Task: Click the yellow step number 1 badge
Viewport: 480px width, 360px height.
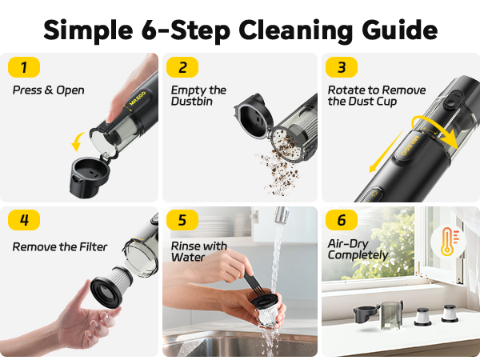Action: point(23,66)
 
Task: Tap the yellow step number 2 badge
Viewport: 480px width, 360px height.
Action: point(182,66)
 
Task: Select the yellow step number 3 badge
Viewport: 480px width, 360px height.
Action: point(342,66)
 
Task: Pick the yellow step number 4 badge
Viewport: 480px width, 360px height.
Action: point(23,220)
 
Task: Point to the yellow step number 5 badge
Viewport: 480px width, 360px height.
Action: point(182,220)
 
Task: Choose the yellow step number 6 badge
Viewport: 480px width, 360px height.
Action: point(342,220)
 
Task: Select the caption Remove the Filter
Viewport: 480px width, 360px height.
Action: point(59,246)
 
